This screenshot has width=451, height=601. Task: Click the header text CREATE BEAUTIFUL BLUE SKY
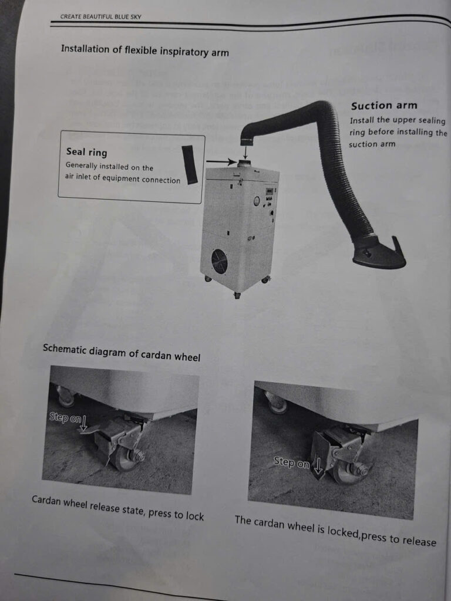(x=101, y=17)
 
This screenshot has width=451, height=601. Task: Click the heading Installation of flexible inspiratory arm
(x=145, y=50)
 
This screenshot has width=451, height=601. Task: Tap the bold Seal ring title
(x=87, y=152)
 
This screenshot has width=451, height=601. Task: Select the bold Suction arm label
(x=384, y=106)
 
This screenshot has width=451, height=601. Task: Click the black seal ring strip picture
(x=190, y=164)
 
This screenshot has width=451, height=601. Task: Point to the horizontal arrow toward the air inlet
(x=221, y=162)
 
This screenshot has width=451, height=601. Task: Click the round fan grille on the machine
(x=220, y=261)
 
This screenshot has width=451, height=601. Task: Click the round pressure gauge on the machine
(x=257, y=201)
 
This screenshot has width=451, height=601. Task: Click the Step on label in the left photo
(x=65, y=417)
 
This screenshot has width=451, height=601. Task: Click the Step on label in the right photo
(x=291, y=462)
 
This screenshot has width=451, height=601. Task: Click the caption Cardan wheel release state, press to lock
(x=117, y=508)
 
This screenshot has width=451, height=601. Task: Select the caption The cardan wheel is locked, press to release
(x=335, y=531)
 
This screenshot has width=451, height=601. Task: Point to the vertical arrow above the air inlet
(x=245, y=152)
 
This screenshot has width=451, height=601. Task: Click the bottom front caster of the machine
(x=237, y=296)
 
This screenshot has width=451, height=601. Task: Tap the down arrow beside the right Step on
(x=318, y=465)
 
